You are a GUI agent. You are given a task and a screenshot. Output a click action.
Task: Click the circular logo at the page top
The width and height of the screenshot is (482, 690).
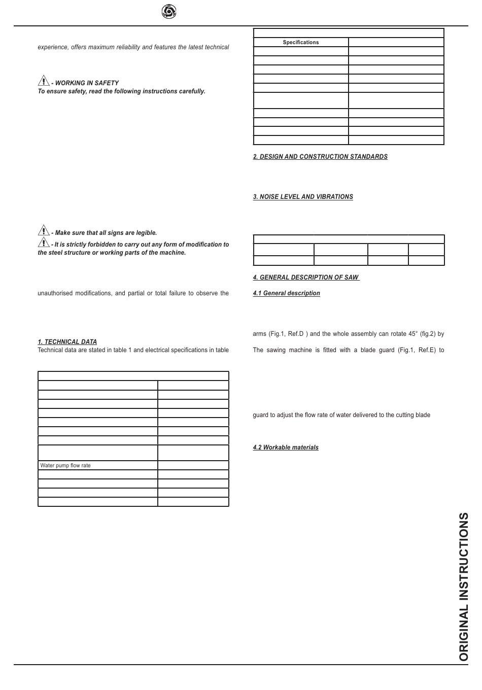coord(168,11)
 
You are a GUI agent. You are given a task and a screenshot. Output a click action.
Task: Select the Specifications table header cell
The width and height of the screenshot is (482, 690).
coord(301,43)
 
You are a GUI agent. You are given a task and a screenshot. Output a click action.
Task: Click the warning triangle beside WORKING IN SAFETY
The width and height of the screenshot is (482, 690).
coord(44,81)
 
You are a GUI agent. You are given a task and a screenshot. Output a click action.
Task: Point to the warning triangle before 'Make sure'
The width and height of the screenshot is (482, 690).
coord(44,230)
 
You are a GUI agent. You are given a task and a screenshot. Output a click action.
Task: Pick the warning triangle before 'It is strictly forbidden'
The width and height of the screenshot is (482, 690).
coord(44,242)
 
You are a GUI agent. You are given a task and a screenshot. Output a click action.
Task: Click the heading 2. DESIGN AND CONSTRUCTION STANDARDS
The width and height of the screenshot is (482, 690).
coord(320,157)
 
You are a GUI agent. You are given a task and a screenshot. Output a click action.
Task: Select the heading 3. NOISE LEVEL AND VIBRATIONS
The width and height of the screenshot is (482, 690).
coord(303,197)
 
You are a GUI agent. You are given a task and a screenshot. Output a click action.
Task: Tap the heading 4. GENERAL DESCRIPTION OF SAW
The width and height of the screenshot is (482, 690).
coord(306,278)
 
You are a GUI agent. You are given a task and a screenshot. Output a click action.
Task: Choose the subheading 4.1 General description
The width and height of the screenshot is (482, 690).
coord(287,293)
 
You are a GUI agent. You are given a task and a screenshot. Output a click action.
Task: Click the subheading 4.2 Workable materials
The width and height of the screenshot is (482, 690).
coord(286,447)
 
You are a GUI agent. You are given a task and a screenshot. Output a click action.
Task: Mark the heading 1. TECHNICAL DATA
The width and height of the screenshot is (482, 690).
coord(67,342)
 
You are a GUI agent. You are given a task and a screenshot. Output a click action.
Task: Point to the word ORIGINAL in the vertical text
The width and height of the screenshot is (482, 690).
coord(464,634)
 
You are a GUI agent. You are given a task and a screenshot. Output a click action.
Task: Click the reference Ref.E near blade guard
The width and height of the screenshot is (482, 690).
coord(424,350)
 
